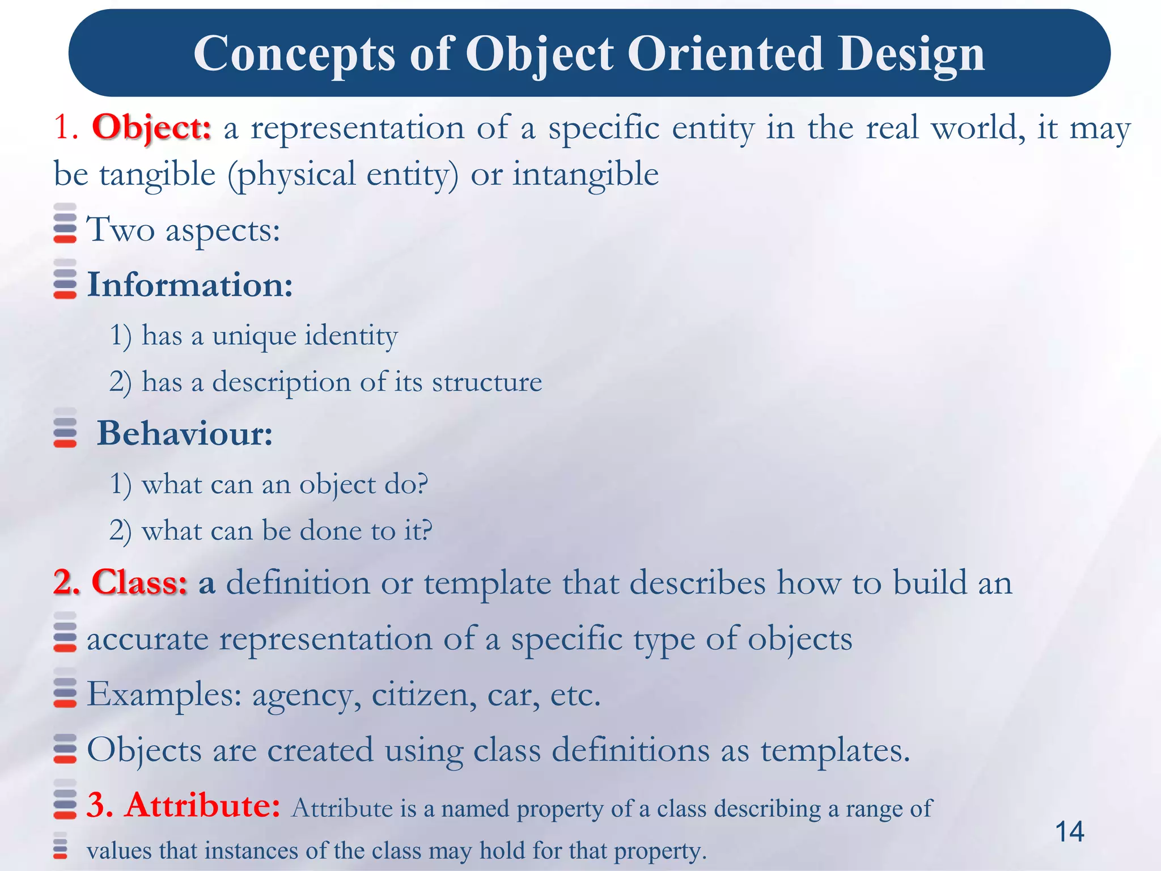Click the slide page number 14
(x=1069, y=832)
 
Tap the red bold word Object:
(x=151, y=128)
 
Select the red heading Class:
(x=139, y=582)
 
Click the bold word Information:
(x=190, y=285)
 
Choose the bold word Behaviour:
(x=185, y=434)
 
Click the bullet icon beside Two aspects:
(x=65, y=223)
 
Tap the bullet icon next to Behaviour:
(x=65, y=428)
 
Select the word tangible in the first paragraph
(x=158, y=174)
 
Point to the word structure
(x=487, y=382)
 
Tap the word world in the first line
(x=978, y=128)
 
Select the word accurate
(x=147, y=640)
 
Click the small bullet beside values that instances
(x=60, y=845)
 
